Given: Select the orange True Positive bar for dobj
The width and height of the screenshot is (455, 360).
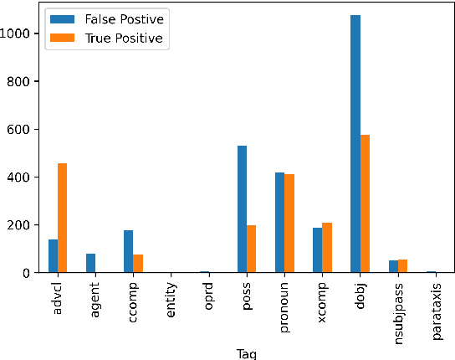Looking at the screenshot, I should pyautogui.click(x=365, y=203).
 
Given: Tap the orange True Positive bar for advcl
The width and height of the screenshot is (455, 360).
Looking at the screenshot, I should pyautogui.click(x=62, y=218).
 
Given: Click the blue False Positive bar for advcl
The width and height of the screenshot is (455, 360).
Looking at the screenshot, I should pyautogui.click(x=53, y=256).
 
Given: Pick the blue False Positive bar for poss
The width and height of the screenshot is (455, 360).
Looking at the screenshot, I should pyautogui.click(x=242, y=209).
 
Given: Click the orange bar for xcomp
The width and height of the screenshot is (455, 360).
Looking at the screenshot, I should pyautogui.click(x=327, y=248).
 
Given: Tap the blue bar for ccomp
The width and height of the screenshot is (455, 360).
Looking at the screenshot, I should pyautogui.click(x=128, y=251).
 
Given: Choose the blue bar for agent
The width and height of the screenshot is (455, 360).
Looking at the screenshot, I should pyautogui.click(x=90, y=263).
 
